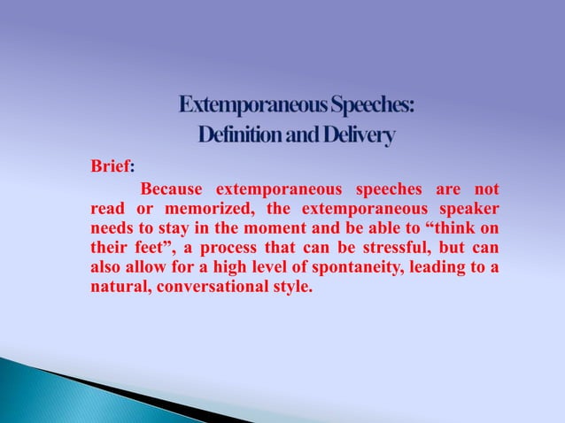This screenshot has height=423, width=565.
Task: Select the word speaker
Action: pos(464,209)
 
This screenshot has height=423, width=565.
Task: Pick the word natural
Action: pos(120,287)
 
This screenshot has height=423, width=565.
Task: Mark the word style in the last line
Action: pos(293,287)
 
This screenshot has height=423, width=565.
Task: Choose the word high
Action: pos(209,267)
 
